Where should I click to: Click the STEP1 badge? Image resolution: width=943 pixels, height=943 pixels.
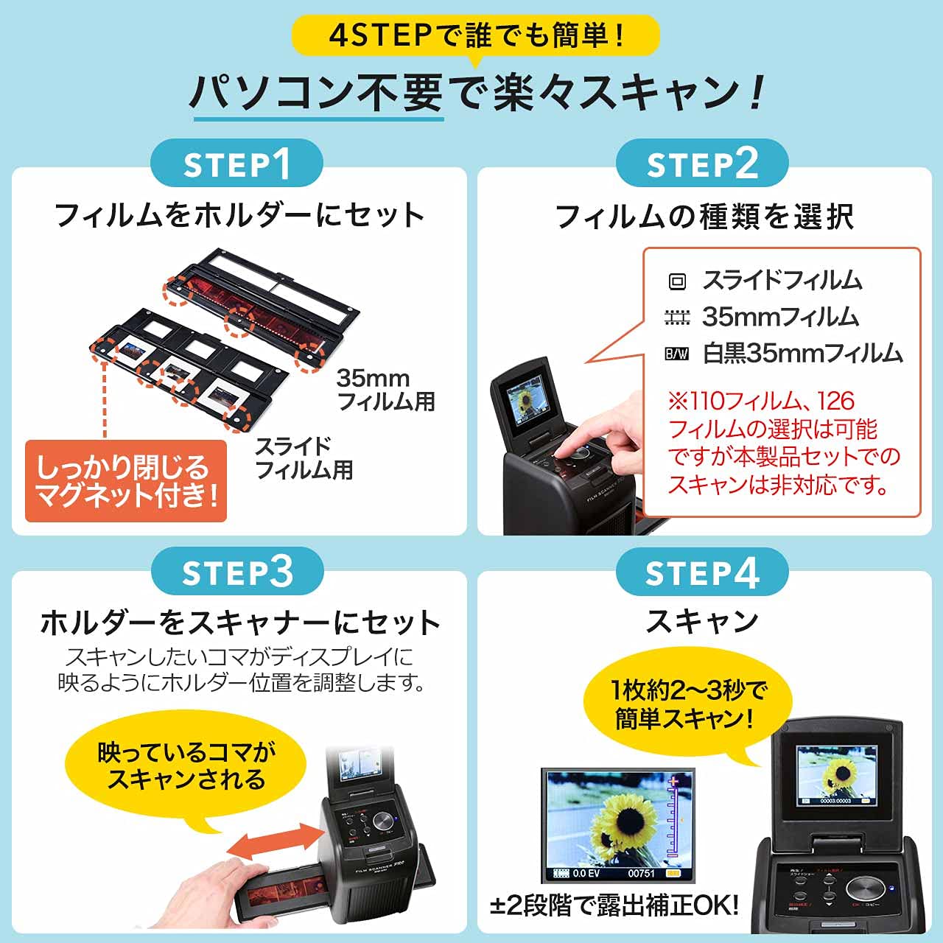pyautogui.click(x=236, y=164)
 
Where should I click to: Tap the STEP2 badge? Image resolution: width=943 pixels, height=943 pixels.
pyautogui.click(x=702, y=164)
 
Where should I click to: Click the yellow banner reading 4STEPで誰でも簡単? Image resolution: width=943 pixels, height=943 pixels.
pyautogui.click(x=475, y=35)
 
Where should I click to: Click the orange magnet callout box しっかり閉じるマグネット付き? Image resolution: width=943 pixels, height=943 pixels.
pyautogui.click(x=126, y=481)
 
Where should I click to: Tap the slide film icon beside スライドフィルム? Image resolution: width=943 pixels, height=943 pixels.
pyautogui.click(x=676, y=281)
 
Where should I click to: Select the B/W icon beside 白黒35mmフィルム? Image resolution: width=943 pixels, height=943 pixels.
pyautogui.click(x=676, y=354)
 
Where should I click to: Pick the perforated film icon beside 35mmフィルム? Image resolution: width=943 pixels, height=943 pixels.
pyautogui.click(x=676, y=318)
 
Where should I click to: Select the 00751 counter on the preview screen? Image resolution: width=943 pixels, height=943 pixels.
pyautogui.click(x=641, y=873)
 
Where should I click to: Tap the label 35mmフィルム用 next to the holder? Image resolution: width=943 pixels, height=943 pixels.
pyautogui.click(x=385, y=390)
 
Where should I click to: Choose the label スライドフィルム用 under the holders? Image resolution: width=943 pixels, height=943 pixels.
pyautogui.click(x=304, y=458)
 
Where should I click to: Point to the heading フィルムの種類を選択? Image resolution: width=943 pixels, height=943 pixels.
pyautogui.click(x=704, y=217)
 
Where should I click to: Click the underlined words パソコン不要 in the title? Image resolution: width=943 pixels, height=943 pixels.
pyautogui.click(x=317, y=94)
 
